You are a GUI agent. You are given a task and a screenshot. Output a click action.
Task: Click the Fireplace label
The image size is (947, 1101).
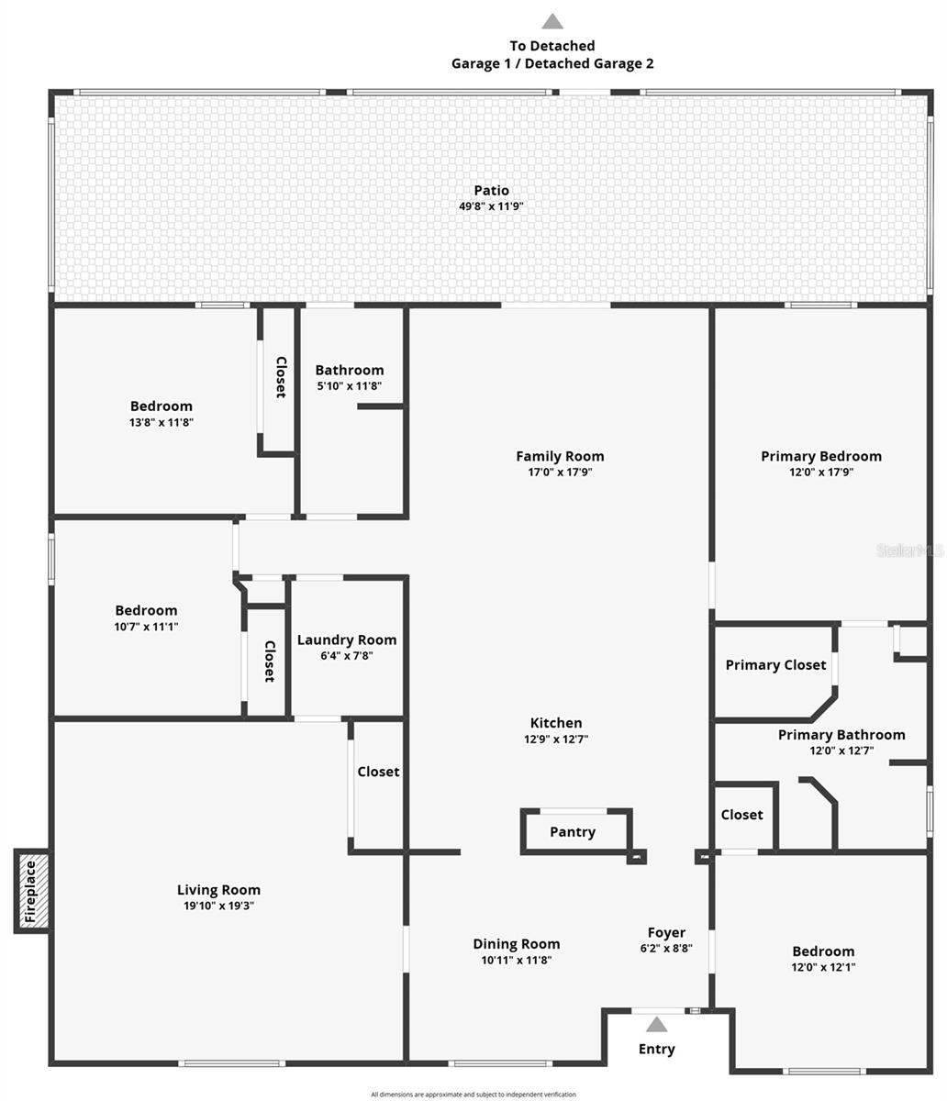[30, 891]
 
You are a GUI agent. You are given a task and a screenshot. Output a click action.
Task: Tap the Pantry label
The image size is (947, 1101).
[573, 832]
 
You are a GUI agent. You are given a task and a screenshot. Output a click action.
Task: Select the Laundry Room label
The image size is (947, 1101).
[347, 640]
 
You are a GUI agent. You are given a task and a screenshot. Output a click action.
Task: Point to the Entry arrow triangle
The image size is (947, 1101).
[657, 1025]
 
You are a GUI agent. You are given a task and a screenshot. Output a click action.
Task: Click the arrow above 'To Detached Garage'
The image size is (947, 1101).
[551, 21]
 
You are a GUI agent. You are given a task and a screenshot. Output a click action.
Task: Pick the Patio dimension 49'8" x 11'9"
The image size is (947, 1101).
[491, 206]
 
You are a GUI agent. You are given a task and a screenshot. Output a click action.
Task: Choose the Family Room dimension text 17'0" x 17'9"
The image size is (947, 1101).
[560, 473]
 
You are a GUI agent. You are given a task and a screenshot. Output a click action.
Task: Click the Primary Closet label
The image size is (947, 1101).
[775, 665]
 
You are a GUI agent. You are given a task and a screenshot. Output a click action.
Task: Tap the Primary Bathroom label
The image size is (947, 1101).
[841, 735]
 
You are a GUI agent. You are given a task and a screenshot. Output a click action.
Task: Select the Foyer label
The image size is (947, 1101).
[666, 933]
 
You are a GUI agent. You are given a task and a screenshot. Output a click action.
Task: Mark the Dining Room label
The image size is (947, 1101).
[517, 944]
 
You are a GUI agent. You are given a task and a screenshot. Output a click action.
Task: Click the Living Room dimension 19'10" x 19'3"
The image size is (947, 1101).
[218, 906]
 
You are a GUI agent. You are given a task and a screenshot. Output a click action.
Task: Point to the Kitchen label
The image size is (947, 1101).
[556, 723]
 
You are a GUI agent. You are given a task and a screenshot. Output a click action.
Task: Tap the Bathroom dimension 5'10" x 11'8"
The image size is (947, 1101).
[350, 386]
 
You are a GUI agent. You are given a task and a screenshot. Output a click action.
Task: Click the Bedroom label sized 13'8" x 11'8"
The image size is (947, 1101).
[162, 406]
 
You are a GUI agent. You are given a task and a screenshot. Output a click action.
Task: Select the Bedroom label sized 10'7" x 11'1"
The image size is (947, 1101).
[146, 611]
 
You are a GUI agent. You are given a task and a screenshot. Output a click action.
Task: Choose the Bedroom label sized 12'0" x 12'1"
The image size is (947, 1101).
[823, 951]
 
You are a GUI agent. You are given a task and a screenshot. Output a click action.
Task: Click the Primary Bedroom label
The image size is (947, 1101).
[821, 456]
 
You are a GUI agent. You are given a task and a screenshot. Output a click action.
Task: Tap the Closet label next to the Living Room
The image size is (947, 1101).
[378, 773]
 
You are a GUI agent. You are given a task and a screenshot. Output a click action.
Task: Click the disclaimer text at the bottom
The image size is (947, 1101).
[473, 1095]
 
